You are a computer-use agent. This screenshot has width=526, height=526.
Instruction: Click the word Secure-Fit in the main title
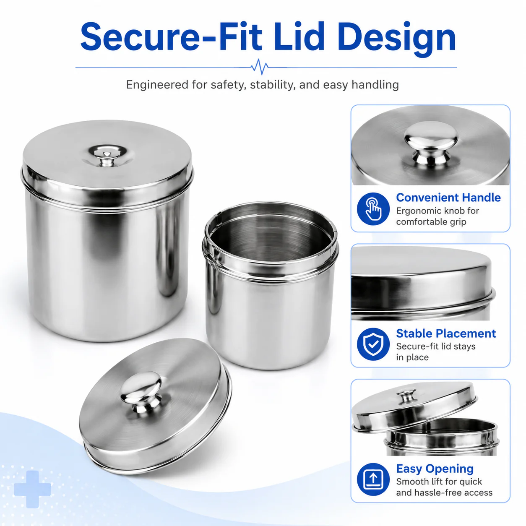[x=171, y=36]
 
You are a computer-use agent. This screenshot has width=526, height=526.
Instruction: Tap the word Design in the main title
[x=398, y=39]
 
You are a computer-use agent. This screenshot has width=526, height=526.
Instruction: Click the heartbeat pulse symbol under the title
[x=260, y=66]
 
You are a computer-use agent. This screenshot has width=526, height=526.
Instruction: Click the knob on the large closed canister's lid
[x=106, y=157]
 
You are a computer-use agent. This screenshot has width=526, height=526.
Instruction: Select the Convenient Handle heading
[x=448, y=197]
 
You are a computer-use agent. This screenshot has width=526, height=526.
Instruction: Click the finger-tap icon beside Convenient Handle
[x=373, y=209]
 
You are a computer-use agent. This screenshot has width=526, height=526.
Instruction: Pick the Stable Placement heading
[x=446, y=333]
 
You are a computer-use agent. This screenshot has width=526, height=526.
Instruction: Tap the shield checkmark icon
[x=373, y=344]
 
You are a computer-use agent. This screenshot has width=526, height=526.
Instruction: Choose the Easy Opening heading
[x=435, y=469]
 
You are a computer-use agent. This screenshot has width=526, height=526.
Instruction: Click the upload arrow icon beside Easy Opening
[x=373, y=479]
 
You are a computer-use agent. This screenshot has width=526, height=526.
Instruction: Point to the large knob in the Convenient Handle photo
[x=431, y=143]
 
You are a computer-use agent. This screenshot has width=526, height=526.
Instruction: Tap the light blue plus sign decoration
[x=32, y=489]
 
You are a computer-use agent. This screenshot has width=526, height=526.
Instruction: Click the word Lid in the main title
[x=299, y=36]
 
